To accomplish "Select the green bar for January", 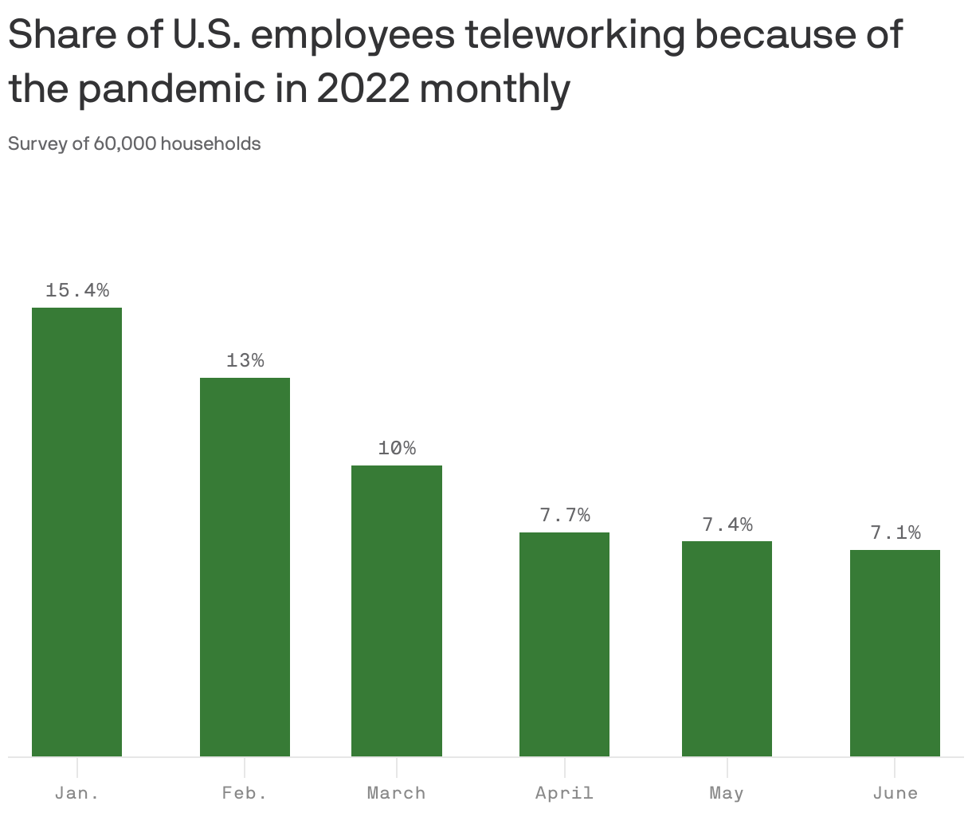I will pos(76,532).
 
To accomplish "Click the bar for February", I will pos(245,567).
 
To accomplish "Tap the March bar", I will pos(397,611).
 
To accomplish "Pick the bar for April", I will pos(564,644).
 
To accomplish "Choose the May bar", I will pos(727,649).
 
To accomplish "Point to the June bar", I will pos(895,653).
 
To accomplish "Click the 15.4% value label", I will pos(77,291).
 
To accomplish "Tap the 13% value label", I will pos(245,361).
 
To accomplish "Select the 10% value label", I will pos(397,449).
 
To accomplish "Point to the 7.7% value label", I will pos(565,516).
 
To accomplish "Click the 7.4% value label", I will pos(727,524).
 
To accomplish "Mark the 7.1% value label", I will pos(895,533).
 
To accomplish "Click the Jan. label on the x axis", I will pos(77,793).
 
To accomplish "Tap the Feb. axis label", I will pos(245,793).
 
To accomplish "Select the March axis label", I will pos(397,793).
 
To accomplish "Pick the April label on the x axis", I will pos(564,793).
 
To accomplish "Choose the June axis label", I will pos(895,793).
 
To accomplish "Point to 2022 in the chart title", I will pos(363,89).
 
